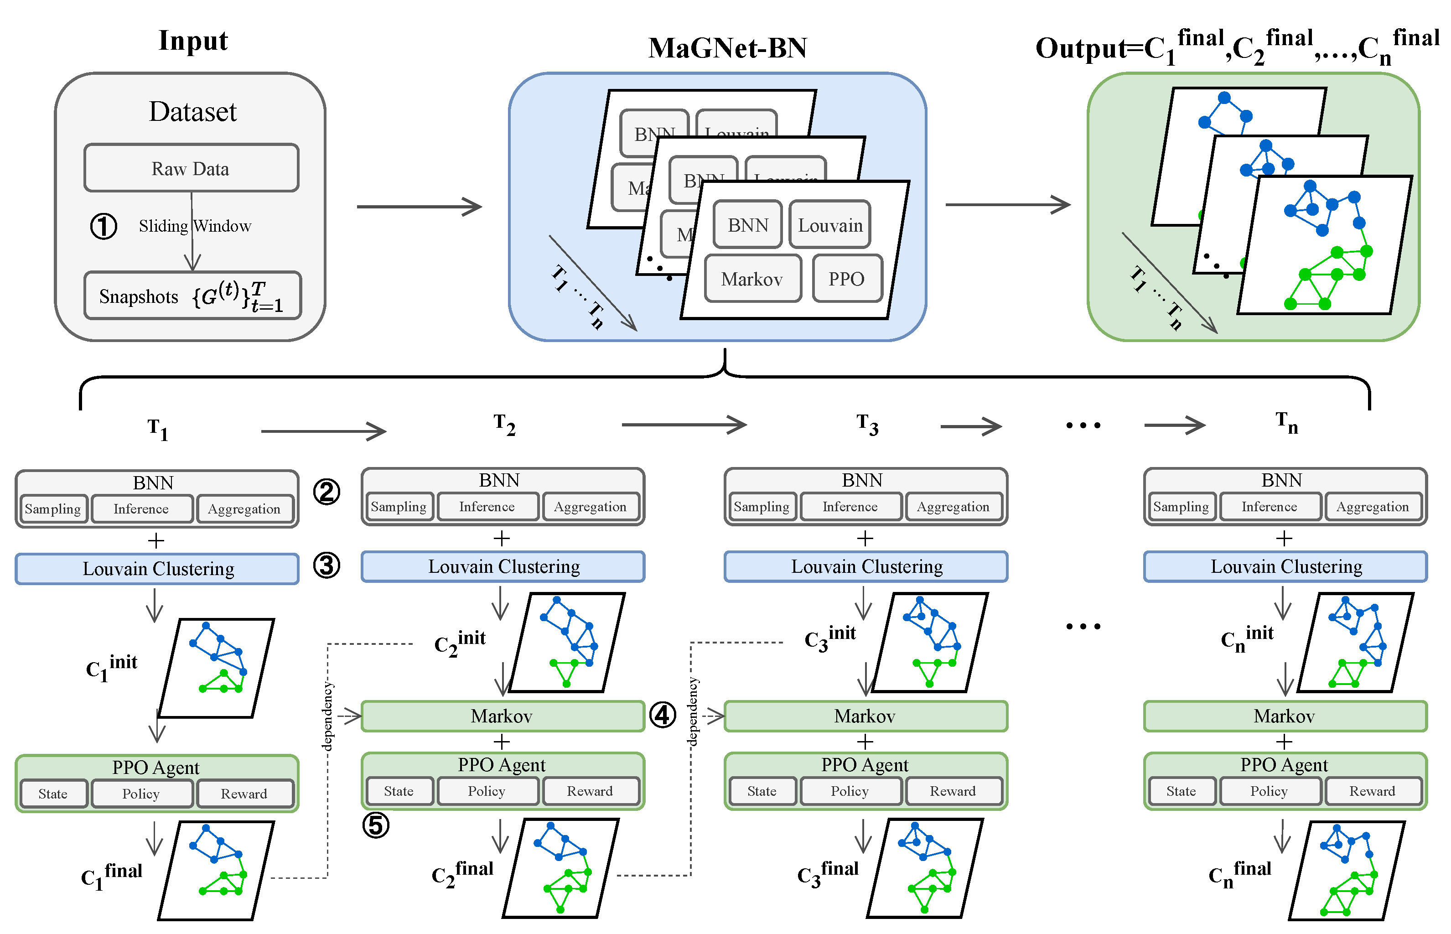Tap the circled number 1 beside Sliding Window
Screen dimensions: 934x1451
(x=104, y=226)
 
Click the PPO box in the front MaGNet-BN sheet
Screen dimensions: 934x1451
(x=846, y=279)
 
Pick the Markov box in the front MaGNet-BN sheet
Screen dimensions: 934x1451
(x=752, y=279)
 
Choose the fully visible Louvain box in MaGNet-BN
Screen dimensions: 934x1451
(x=829, y=225)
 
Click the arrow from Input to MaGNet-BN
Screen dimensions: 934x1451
(x=419, y=207)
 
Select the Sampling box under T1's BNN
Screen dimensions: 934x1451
(x=53, y=509)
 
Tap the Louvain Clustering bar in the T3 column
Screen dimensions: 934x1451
(x=866, y=566)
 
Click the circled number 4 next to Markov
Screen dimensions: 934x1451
(x=662, y=715)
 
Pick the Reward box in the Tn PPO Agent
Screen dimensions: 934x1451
(x=1372, y=791)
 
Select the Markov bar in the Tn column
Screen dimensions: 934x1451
(x=1284, y=716)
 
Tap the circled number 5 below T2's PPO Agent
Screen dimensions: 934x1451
(x=375, y=825)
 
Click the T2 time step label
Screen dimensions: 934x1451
(x=504, y=424)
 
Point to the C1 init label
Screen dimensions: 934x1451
(x=112, y=667)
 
